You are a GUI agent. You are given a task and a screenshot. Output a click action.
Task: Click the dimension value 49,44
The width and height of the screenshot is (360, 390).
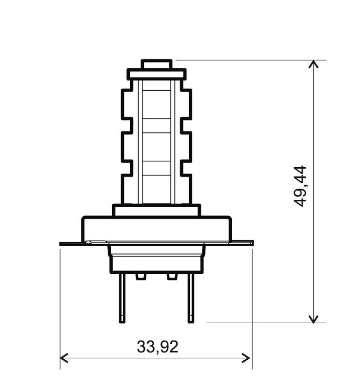pyautogui.click(x=301, y=186)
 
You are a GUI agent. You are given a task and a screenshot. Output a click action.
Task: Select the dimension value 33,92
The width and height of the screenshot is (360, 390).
pyautogui.click(x=158, y=347)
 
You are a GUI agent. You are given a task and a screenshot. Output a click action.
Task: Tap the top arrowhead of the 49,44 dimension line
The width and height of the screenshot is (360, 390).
pyautogui.click(x=314, y=64)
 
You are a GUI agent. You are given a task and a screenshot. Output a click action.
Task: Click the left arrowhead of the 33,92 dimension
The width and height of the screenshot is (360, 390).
pyautogui.click(x=63, y=358)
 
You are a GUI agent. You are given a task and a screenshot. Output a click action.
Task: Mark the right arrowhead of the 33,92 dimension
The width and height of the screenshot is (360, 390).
pyautogui.click(x=247, y=358)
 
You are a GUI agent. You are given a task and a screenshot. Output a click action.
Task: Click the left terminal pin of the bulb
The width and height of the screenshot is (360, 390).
pyautogui.click(x=122, y=297)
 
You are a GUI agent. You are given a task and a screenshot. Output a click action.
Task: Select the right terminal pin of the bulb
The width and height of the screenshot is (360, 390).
pyautogui.click(x=191, y=297)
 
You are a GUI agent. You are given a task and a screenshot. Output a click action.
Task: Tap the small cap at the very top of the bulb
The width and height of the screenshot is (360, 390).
pyautogui.click(x=157, y=64)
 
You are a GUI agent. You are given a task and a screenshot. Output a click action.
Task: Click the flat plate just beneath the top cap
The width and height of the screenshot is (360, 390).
pyautogui.click(x=157, y=75)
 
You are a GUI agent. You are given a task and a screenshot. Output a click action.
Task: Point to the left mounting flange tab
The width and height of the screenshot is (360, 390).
pyautogui.click(x=71, y=243)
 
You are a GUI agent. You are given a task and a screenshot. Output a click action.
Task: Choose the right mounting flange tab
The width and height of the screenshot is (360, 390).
pyautogui.click(x=242, y=242)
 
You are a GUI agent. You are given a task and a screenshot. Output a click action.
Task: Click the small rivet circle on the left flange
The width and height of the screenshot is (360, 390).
pyautogui.click(x=88, y=243)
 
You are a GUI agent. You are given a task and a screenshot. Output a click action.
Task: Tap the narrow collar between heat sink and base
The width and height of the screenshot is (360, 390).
pyautogui.click(x=157, y=210)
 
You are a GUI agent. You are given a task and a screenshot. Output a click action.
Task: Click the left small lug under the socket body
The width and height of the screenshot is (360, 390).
pyautogui.click(x=141, y=276)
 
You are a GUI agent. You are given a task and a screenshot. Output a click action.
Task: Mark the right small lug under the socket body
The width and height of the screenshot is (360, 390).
pyautogui.click(x=172, y=276)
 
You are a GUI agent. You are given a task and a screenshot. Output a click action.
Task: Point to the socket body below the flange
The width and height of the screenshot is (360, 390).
pyautogui.click(x=157, y=258)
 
